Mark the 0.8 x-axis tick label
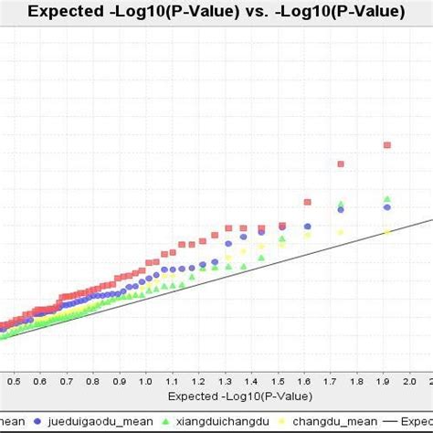tap(91, 378)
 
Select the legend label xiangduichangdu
tap(222, 421)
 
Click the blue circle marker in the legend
tap(38, 421)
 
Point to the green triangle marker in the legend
tap(164, 421)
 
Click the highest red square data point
tap(387, 144)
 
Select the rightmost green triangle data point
tap(387, 198)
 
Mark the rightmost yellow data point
tap(387, 232)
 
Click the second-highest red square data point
tap(341, 164)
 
